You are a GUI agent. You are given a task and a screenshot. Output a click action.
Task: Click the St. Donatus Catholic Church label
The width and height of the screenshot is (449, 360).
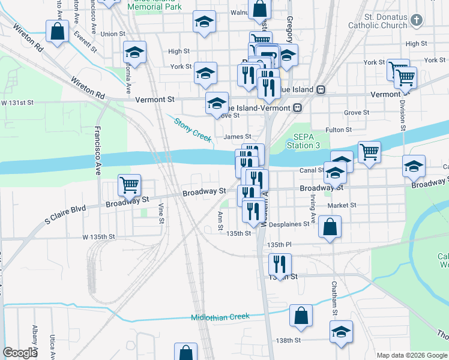[x=378, y=21]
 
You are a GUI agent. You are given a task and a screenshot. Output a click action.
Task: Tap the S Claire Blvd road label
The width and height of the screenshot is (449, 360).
[x=65, y=215]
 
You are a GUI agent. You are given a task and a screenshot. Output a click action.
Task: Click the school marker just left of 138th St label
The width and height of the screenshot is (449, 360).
[x=341, y=332]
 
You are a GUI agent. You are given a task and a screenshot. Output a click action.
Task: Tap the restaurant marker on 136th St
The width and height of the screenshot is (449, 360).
[x=280, y=265]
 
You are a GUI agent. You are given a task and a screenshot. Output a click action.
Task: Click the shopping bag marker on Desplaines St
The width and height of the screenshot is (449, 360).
[x=330, y=227]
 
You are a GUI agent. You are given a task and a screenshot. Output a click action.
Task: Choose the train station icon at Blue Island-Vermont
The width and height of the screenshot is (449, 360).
[x=297, y=108]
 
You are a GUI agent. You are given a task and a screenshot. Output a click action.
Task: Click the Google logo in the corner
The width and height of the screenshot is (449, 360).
[x=20, y=353]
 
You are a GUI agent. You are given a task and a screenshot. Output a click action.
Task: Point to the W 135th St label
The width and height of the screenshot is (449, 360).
[x=100, y=236]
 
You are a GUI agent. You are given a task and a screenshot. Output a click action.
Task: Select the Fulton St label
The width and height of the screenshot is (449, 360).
[x=339, y=130]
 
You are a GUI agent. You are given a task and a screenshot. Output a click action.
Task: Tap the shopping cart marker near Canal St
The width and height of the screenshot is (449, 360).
[x=369, y=152]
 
